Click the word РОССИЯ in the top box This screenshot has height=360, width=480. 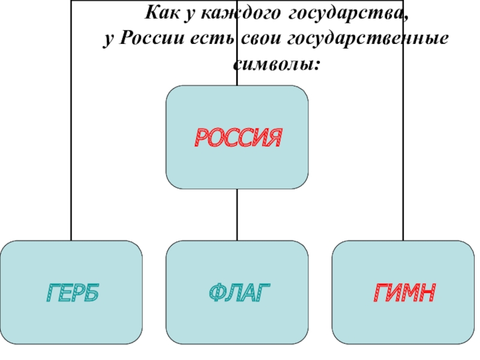click(237, 138)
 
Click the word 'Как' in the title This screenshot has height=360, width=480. click(161, 13)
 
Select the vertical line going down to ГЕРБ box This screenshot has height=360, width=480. click(71, 150)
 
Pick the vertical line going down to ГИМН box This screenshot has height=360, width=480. click(403, 150)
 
